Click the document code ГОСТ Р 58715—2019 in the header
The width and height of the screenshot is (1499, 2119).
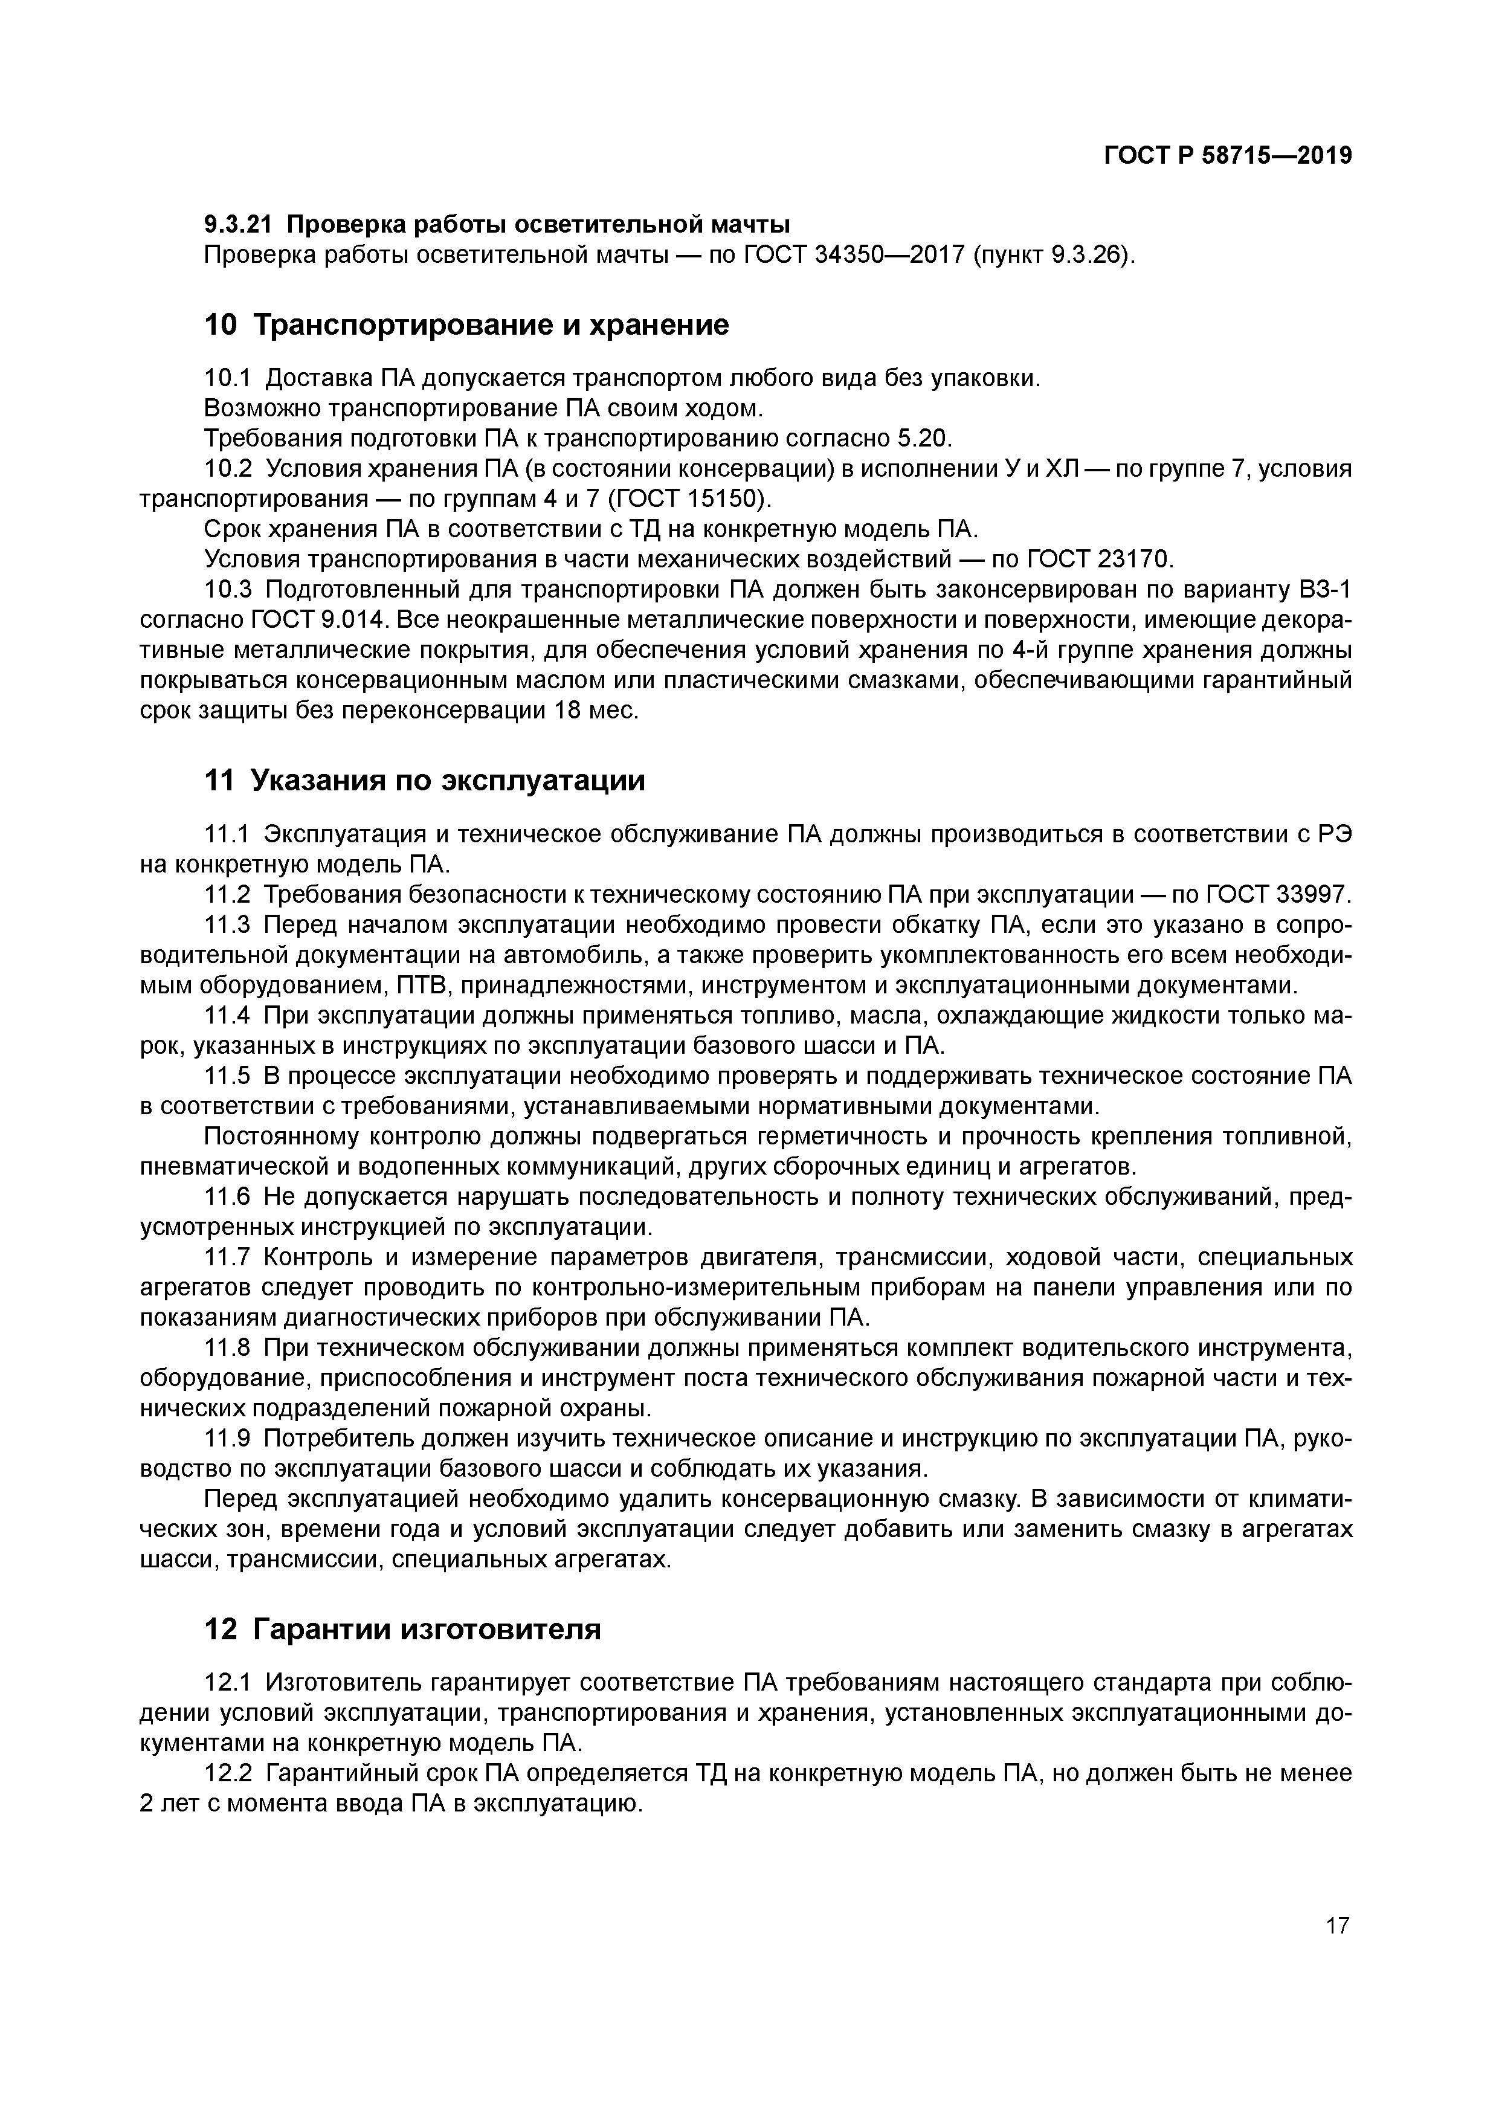tap(1228, 156)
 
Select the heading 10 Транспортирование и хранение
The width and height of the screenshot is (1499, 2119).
tap(465, 325)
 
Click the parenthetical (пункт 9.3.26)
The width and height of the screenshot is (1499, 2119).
tap(1053, 254)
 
